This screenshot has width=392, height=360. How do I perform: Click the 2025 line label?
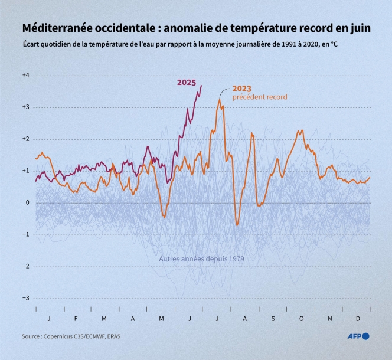[187, 83]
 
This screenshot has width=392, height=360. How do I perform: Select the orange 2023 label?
[242, 89]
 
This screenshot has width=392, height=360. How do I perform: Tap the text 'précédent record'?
[260, 97]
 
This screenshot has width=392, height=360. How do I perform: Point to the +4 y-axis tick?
[25, 76]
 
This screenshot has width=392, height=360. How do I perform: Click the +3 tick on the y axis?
[25, 107]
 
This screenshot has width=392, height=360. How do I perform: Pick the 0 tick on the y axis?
[27, 202]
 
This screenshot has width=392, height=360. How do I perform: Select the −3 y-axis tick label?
[25, 298]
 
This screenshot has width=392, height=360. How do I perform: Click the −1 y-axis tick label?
[25, 234]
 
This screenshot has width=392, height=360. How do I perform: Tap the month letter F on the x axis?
[76, 318]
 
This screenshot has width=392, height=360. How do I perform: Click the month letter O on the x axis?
[301, 318]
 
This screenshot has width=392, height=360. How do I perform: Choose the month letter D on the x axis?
[358, 318]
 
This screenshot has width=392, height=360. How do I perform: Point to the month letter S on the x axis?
[273, 318]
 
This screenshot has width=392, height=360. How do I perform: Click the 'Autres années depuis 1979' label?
[201, 259]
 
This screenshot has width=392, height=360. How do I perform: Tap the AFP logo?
[358, 336]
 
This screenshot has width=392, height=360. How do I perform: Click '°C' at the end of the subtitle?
[334, 44]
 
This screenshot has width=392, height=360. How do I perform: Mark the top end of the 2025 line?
[201, 86]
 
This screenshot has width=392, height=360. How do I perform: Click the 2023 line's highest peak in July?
[220, 100]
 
